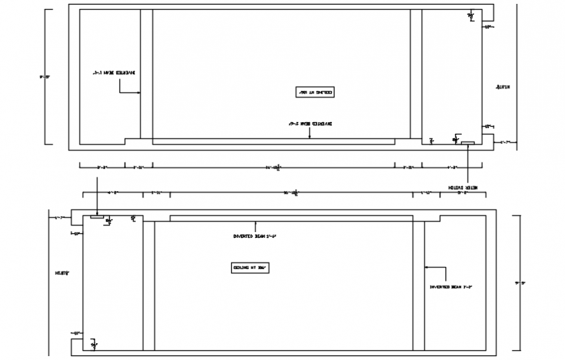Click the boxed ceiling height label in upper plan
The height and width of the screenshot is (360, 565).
314,92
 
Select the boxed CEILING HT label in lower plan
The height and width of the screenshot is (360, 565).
250,267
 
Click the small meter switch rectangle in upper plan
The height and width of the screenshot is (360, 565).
468,142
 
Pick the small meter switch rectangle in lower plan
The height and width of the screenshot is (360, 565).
97,217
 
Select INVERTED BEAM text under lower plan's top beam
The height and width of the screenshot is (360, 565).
255,236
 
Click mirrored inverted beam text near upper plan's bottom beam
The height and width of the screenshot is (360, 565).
310,122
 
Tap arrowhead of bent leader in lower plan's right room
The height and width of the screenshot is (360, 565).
425,266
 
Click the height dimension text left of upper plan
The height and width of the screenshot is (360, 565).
44,76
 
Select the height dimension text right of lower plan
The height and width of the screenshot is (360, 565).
520,283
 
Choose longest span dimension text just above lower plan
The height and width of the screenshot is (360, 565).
290,193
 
